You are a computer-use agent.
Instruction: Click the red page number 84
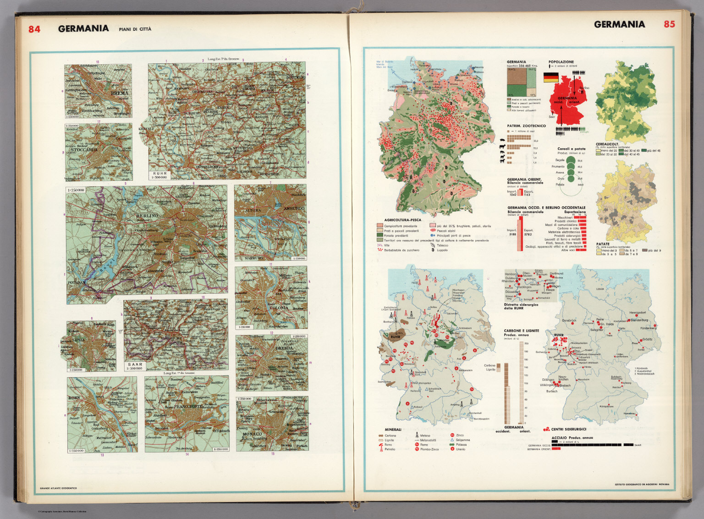tap(34, 29)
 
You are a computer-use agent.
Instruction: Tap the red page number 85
tap(669, 24)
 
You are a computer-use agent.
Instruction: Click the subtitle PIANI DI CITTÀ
tap(135, 29)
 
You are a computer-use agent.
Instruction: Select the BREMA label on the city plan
tap(120, 93)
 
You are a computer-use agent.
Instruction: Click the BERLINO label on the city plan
tap(147, 215)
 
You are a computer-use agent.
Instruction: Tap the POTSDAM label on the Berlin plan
tap(77, 283)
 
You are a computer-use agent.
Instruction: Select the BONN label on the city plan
tap(74, 398)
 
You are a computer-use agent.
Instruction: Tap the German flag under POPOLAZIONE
tap(551, 78)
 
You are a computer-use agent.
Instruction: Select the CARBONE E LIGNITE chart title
tap(521, 330)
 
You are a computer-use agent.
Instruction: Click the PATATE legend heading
tap(602, 244)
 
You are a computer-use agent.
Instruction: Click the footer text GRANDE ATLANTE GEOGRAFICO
tap(59, 487)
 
